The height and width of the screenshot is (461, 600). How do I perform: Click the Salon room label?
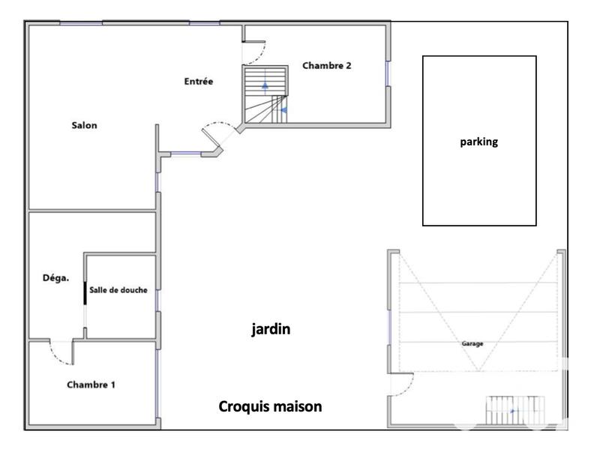point(84,125)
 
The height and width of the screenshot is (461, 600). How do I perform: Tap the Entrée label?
point(199,82)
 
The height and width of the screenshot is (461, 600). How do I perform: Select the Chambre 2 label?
point(327,65)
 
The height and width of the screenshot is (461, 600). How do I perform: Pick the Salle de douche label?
point(118,291)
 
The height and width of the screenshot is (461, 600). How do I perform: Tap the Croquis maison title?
point(270,407)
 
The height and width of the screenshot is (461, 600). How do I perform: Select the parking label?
point(478,141)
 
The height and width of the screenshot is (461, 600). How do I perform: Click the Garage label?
point(472,344)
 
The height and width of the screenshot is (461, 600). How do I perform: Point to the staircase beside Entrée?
point(265,94)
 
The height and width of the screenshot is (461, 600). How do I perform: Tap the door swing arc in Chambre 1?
point(58,354)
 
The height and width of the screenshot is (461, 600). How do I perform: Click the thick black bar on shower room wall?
point(85,292)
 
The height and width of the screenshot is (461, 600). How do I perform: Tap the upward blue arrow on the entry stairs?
point(265,85)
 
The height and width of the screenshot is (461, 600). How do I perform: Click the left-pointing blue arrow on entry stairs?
point(283,110)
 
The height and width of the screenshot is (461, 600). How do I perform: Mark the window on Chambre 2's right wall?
point(388,74)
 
